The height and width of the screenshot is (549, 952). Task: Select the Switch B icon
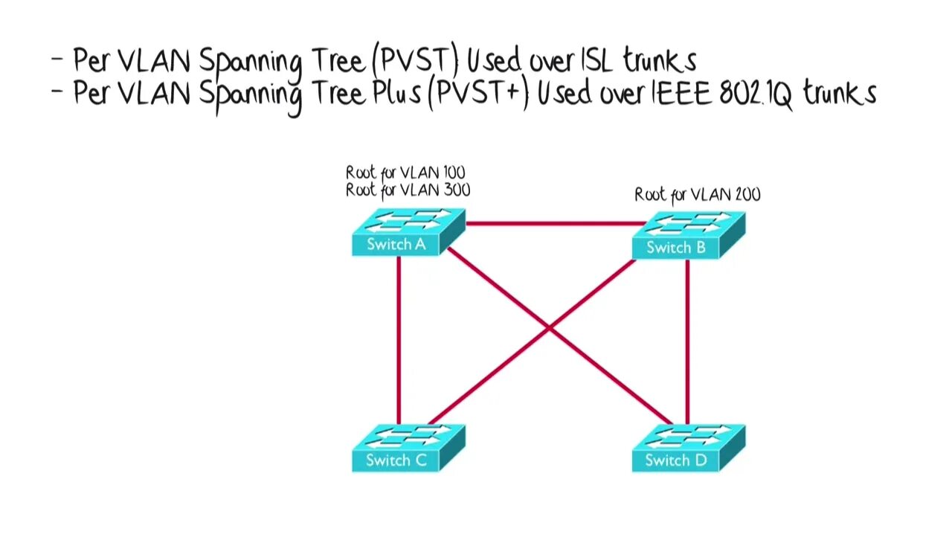click(x=688, y=236)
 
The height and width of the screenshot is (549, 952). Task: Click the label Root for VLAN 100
click(x=405, y=173)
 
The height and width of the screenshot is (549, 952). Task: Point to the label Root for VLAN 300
click(x=408, y=190)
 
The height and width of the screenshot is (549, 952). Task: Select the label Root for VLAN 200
click(x=697, y=195)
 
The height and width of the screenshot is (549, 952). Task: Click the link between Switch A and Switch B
click(x=554, y=222)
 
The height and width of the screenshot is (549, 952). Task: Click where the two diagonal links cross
click(x=550, y=327)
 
